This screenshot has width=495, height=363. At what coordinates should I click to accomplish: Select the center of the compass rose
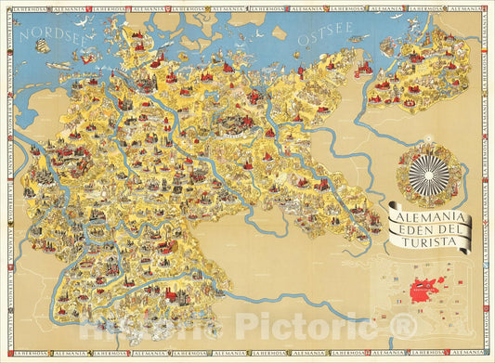pos(429,175)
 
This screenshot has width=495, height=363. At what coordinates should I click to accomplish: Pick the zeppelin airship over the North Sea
pos(59,66)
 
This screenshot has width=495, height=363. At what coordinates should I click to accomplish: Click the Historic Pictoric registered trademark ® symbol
pos(403,325)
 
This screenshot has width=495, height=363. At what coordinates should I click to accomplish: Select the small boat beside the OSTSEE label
pos(352,43)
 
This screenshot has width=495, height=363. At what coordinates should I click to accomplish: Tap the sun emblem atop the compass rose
pos(429,147)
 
